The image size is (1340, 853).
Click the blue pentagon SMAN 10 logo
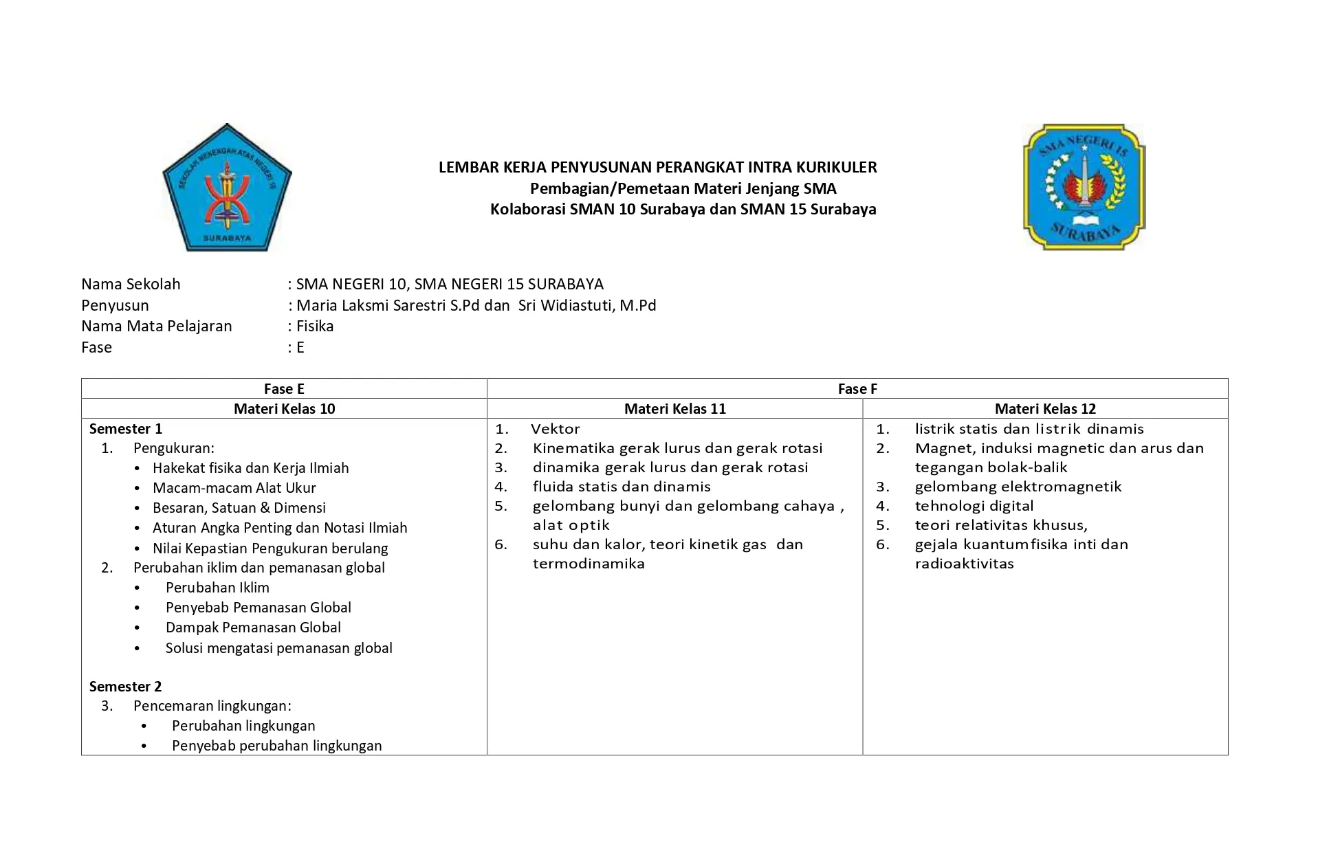coord(227,188)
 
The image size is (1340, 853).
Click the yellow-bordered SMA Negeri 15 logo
coord(1084,187)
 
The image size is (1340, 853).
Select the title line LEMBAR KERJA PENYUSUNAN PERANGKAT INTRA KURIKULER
coord(657,167)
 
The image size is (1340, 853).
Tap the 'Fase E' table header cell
coord(284,389)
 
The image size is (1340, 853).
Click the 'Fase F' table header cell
coord(857,389)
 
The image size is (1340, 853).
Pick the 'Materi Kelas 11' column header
coord(674,409)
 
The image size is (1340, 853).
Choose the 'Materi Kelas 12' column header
coord(1045,409)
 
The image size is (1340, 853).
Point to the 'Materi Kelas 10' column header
coord(284,409)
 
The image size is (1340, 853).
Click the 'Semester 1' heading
coord(126,429)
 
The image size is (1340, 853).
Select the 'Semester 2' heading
coord(125,687)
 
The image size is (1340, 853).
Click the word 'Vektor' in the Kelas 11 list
coord(556,429)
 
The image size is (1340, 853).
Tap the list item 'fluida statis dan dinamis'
coord(622,487)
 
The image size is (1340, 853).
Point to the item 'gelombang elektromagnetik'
coord(1018,487)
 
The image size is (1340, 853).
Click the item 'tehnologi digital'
coord(974,506)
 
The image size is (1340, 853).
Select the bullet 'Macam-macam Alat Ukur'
coord(234,488)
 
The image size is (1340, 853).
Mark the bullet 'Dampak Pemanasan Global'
coord(253,628)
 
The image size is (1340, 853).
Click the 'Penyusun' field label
coord(115,306)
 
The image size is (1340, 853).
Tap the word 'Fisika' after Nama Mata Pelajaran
coord(315,326)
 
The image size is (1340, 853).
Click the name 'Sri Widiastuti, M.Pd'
coord(587,306)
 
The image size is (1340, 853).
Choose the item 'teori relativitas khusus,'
coord(1000,525)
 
